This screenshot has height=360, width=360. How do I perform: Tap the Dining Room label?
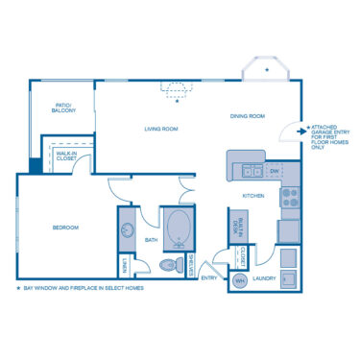coord(247,116)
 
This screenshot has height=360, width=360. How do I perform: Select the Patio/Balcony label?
coord(63,108)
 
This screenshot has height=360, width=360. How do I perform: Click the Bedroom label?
coord(65,228)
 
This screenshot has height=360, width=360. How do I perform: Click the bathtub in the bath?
coord(179,228)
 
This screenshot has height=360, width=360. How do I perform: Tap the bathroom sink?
coord(128,230)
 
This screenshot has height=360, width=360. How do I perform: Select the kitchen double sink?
coord(252,171)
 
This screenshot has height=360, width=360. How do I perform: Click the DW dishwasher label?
coord(274,171)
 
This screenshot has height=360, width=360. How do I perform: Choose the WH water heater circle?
coord(240,279)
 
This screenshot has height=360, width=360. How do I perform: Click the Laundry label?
coord(265,279)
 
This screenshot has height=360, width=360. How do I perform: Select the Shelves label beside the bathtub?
coord(193,265)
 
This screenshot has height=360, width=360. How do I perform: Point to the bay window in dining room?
coord(261,71)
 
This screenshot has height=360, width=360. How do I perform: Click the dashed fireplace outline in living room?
coord(176,88)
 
